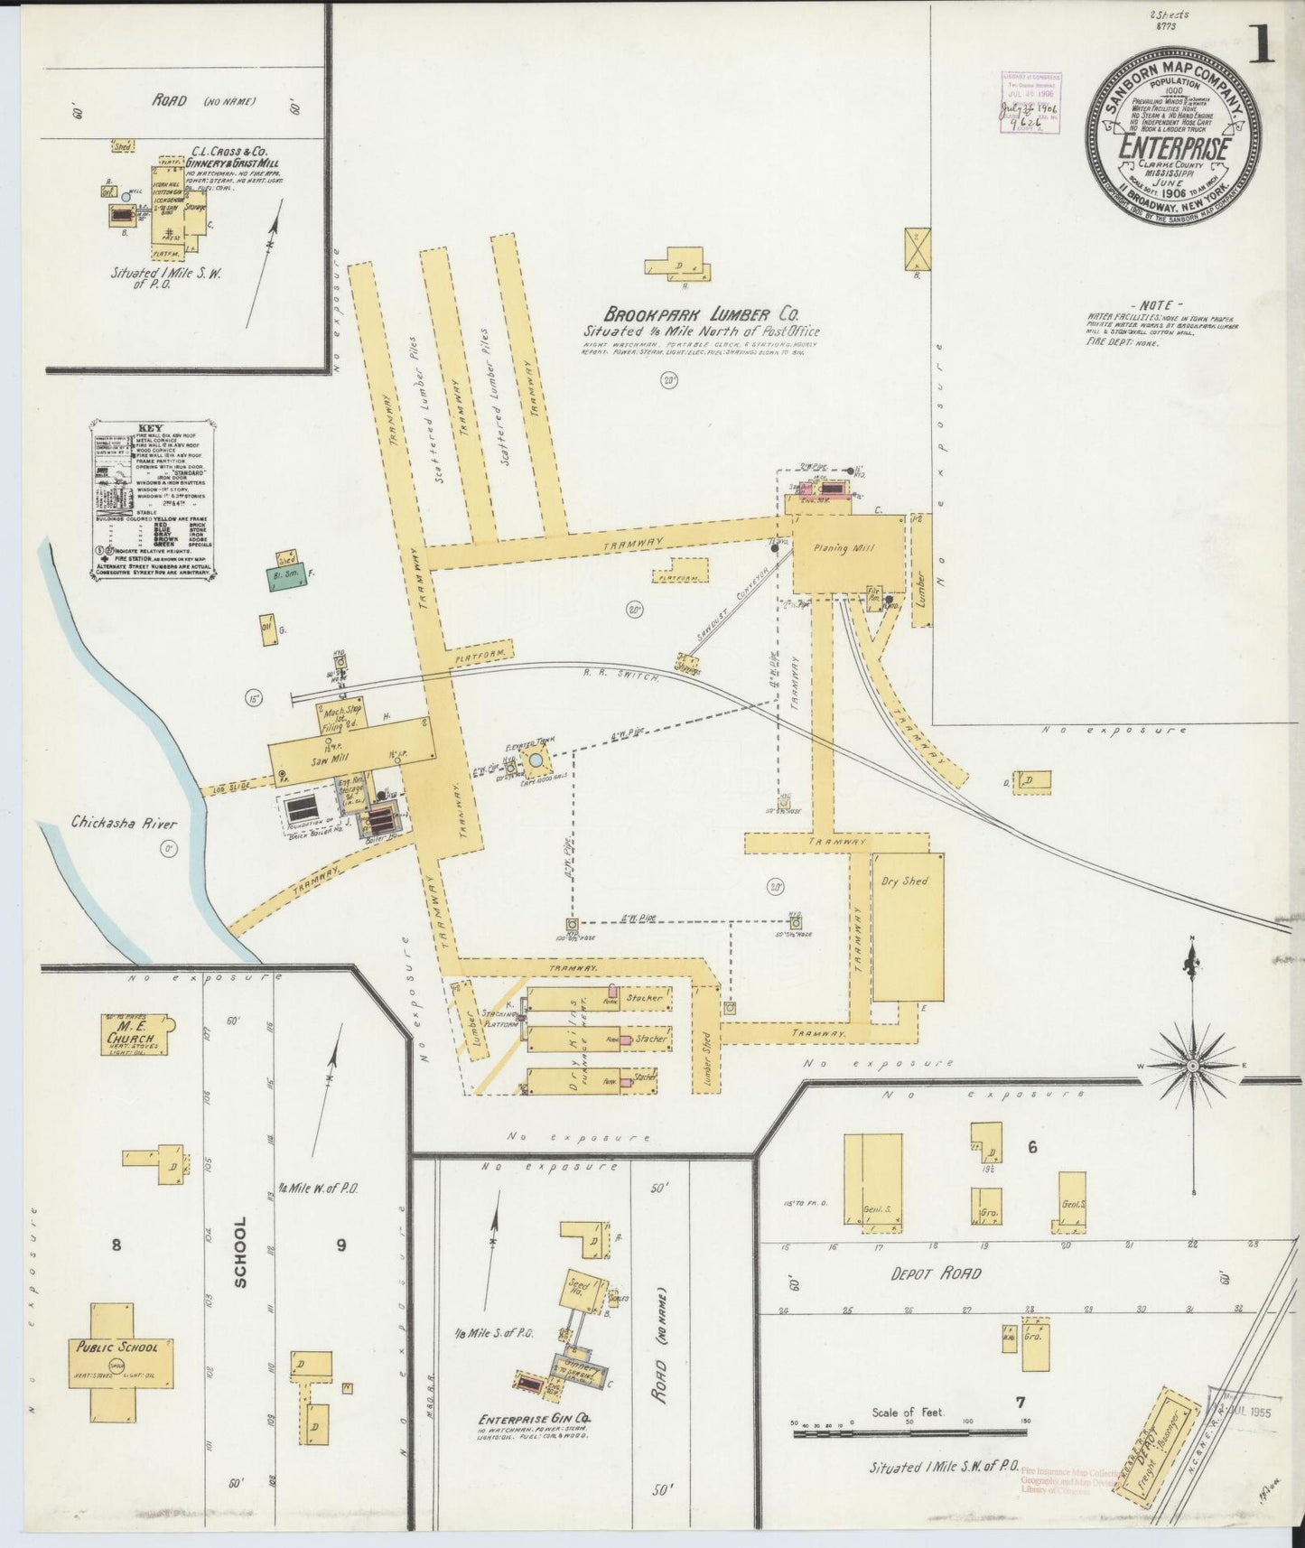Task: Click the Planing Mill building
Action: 847,553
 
